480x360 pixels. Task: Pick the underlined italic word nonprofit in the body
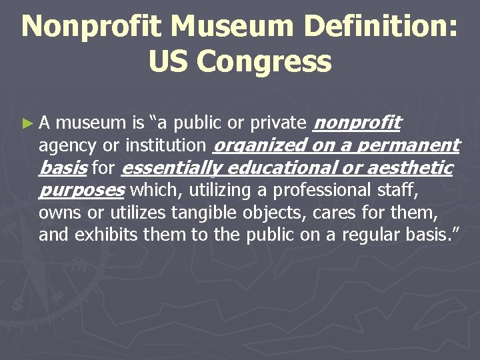(357, 123)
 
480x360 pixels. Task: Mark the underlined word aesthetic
(407, 168)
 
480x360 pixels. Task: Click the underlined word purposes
(82, 191)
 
